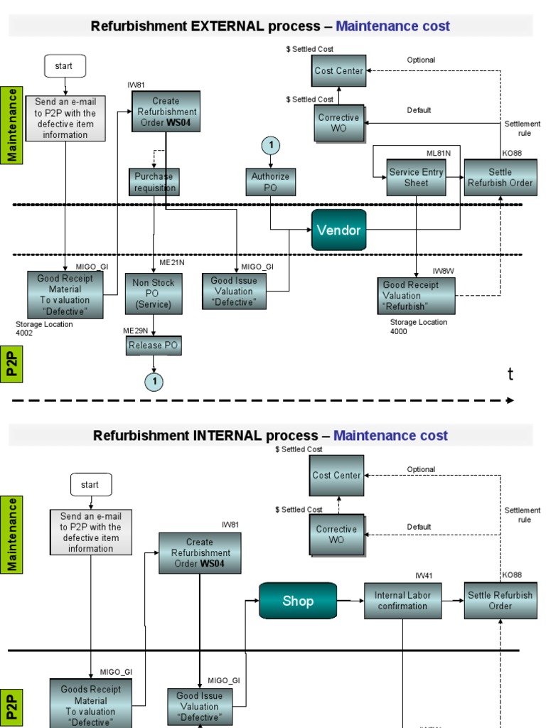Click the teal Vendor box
pyautogui.click(x=338, y=230)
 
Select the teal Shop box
pyautogui.click(x=298, y=601)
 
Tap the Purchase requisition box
pyautogui.click(x=154, y=182)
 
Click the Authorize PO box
pyautogui.click(x=270, y=182)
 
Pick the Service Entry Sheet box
pyautogui.click(x=416, y=177)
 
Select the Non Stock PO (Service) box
pyautogui.click(x=154, y=293)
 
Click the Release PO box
pyautogui.click(x=154, y=346)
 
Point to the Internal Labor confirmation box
pyautogui.click(x=402, y=601)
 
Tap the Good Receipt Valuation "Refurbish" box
pyautogui.click(x=416, y=296)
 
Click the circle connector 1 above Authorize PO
pyautogui.click(x=270, y=146)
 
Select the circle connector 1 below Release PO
pyautogui.click(x=154, y=382)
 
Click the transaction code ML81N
pyautogui.click(x=438, y=153)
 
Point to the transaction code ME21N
pyautogui.click(x=172, y=262)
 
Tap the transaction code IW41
pyautogui.click(x=424, y=575)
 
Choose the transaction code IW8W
pyautogui.click(x=443, y=271)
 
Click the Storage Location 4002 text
pyautogui.click(x=44, y=328)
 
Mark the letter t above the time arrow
pyautogui.click(x=510, y=375)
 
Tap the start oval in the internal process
pyautogui.click(x=90, y=485)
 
